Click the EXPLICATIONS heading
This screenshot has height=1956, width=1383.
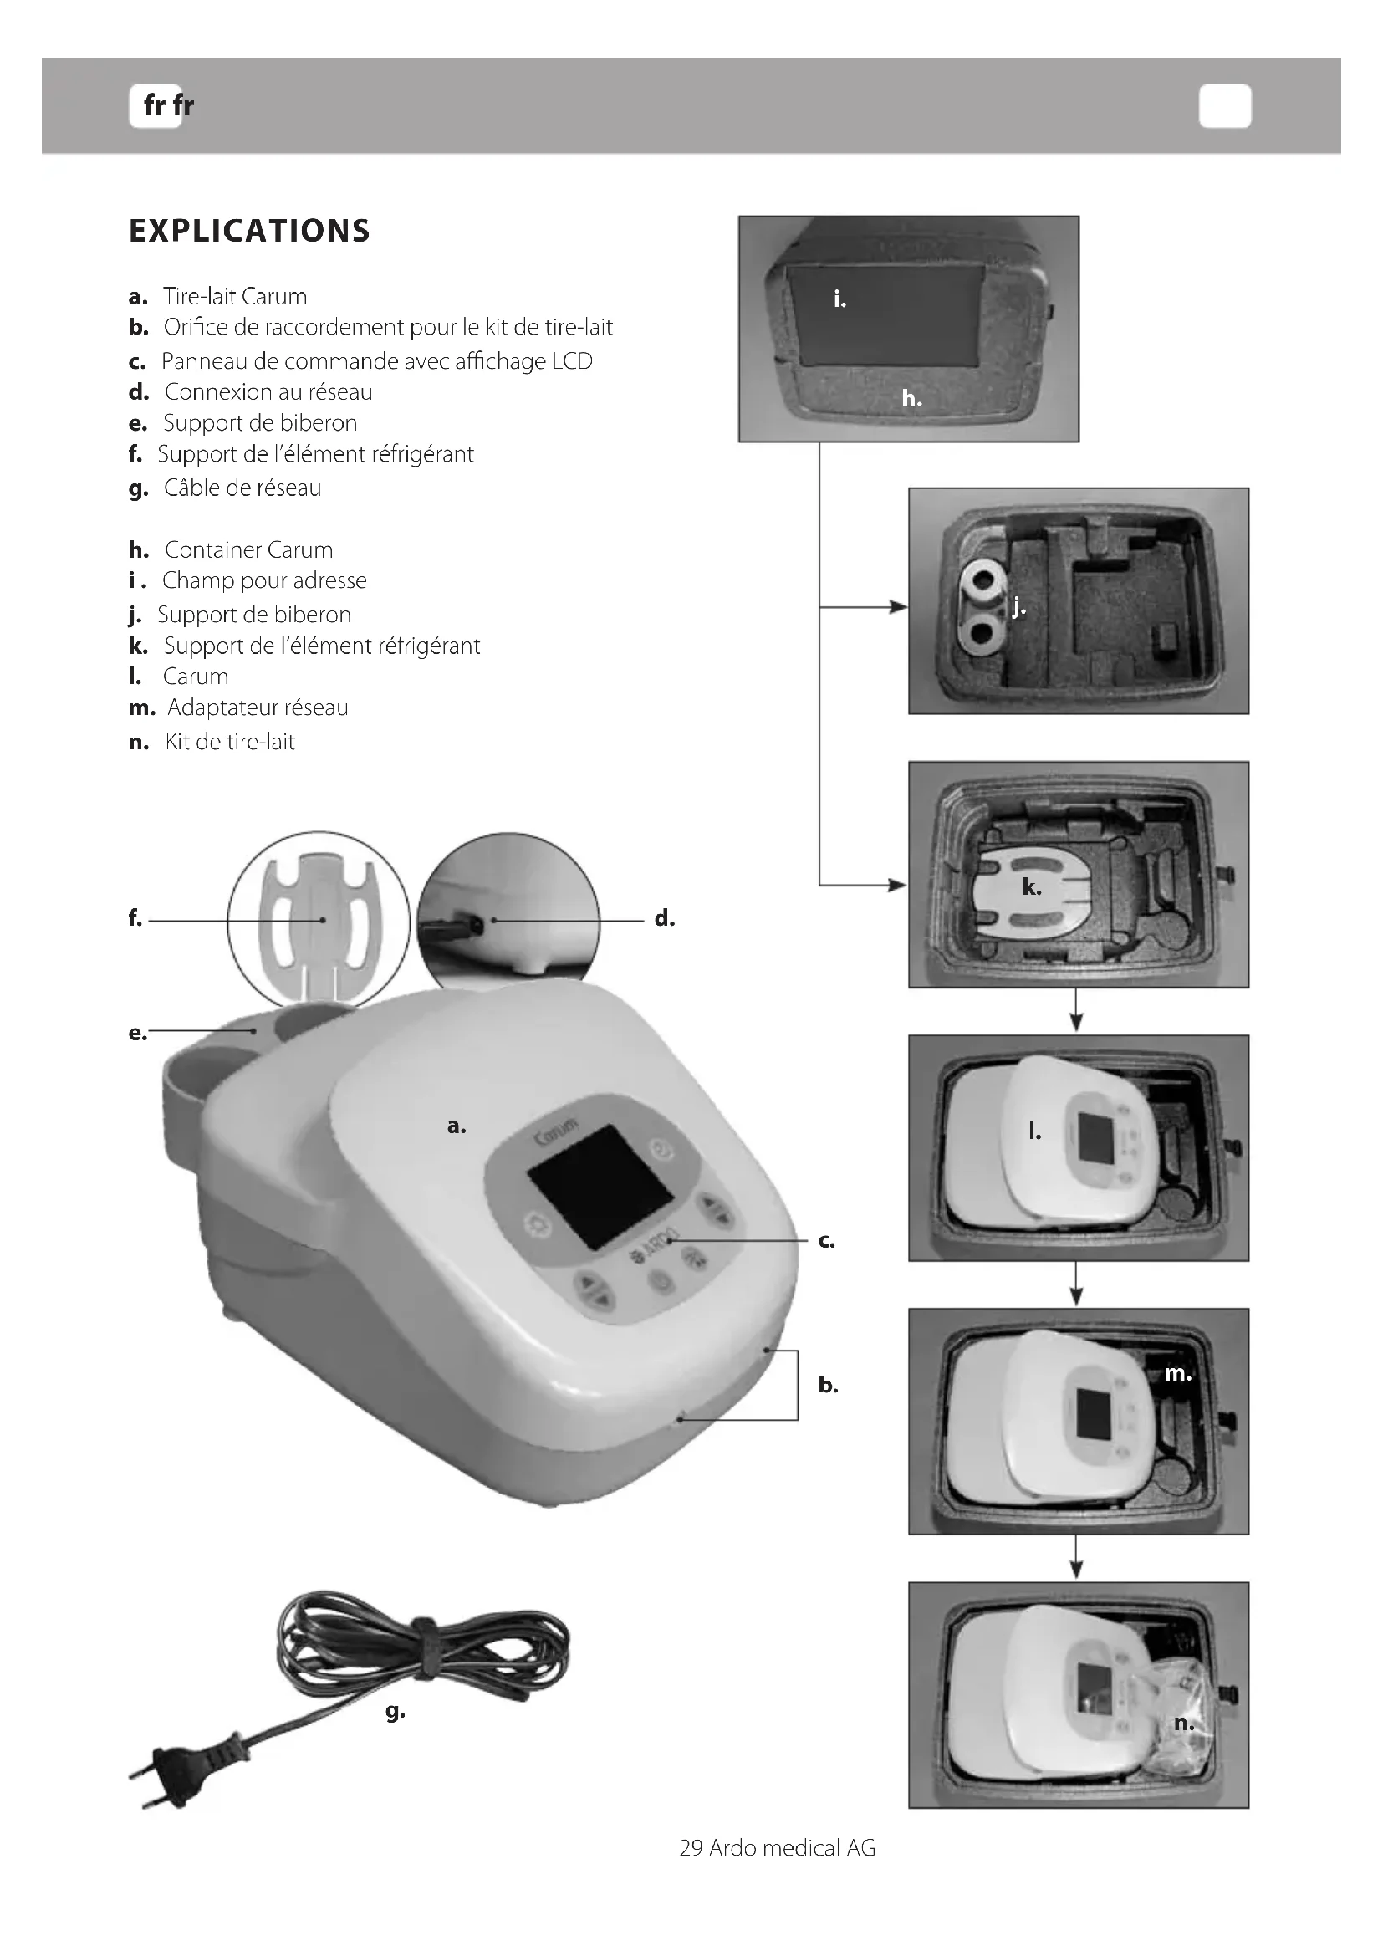point(249,231)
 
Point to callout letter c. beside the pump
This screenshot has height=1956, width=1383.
point(826,1241)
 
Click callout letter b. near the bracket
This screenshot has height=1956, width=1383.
point(828,1385)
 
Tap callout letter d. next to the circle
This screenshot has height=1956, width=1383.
point(664,918)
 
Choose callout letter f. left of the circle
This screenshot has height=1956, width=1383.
point(135,918)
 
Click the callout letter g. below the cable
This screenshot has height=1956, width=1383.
point(396,1711)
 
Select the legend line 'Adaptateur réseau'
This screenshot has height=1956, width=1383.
point(258,708)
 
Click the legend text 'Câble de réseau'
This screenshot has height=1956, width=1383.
point(242,488)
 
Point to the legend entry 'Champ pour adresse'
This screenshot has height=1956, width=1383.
point(264,580)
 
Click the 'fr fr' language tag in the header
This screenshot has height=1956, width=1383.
point(168,105)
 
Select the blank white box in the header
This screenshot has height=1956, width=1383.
point(1225,106)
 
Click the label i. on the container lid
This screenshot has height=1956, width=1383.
point(839,299)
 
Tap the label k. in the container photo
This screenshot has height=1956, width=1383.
point(1031,888)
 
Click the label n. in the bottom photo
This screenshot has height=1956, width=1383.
point(1184,1724)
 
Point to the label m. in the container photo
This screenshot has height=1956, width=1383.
point(1178,1373)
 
